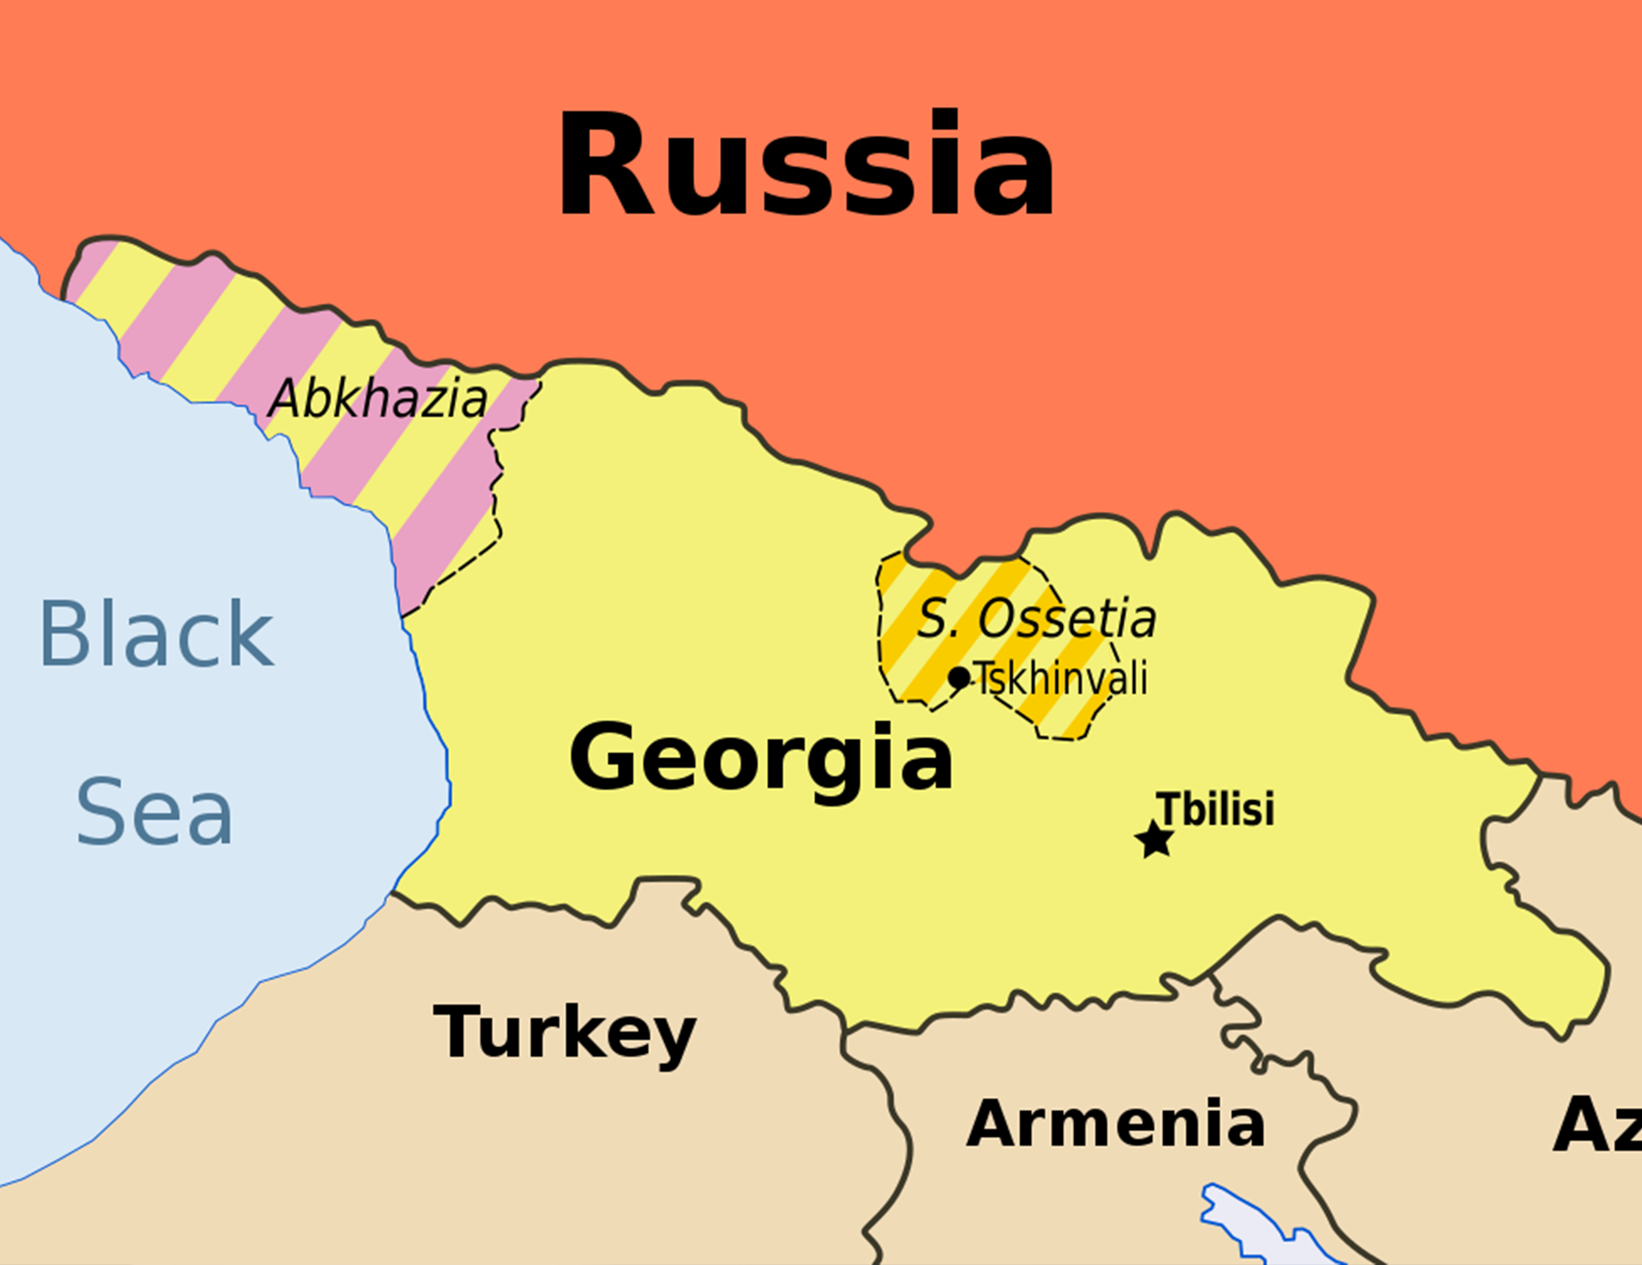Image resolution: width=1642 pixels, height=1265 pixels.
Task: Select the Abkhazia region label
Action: [378, 399]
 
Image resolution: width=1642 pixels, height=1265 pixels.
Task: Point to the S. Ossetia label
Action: [1037, 618]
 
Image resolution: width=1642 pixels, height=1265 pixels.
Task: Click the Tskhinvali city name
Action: [1060, 679]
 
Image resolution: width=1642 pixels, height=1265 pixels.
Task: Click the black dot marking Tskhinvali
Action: [959, 678]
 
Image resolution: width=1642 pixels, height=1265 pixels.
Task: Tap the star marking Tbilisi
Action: [1155, 839]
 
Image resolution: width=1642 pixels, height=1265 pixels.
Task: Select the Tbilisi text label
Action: [1214, 809]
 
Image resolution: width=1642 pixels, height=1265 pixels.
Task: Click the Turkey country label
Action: [564, 1033]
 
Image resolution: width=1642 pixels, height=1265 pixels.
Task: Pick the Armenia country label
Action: [1115, 1123]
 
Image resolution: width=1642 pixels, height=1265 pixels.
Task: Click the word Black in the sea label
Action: [157, 634]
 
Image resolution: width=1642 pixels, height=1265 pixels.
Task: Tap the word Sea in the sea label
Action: [154, 812]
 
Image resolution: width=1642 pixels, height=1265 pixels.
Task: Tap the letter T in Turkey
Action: [458, 1031]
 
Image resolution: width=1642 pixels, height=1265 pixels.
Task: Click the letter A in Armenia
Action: [992, 1123]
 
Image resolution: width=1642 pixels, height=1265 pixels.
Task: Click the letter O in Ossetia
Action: [996, 618]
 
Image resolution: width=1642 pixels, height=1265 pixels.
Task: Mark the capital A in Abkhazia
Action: [286, 399]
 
